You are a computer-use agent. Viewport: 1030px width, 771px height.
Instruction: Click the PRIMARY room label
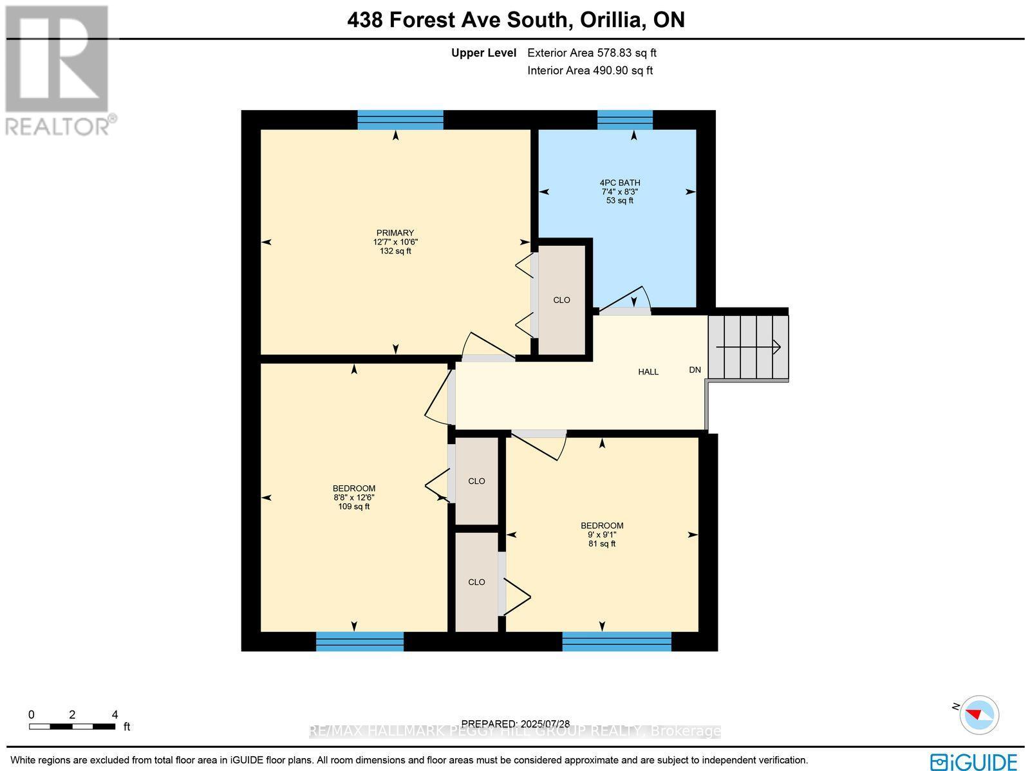[395, 233]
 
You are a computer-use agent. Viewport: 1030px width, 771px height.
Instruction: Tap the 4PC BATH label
[619, 183]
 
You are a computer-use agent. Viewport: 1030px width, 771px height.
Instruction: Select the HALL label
[648, 372]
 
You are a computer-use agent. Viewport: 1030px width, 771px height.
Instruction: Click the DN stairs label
[695, 370]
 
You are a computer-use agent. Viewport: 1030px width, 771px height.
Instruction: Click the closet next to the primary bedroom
[561, 300]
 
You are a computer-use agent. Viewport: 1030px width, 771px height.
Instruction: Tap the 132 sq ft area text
[395, 251]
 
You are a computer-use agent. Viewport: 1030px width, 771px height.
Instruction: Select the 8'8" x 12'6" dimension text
[353, 497]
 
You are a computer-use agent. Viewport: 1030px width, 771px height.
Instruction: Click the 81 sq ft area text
[601, 544]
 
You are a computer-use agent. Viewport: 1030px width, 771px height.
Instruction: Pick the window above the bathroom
[624, 120]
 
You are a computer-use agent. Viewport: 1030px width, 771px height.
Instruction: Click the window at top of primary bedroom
[400, 120]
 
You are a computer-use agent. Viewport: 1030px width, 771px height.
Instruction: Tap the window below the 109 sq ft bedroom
[359, 642]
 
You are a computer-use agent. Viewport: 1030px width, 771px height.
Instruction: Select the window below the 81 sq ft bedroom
[616, 642]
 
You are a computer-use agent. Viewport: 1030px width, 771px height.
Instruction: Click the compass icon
[979, 714]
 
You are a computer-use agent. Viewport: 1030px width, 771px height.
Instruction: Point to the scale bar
[72, 727]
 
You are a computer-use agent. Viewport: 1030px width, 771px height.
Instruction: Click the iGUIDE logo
[973, 760]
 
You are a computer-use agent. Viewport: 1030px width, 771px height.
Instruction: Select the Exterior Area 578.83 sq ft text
[592, 53]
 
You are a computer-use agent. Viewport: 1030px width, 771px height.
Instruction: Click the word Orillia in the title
[612, 20]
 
